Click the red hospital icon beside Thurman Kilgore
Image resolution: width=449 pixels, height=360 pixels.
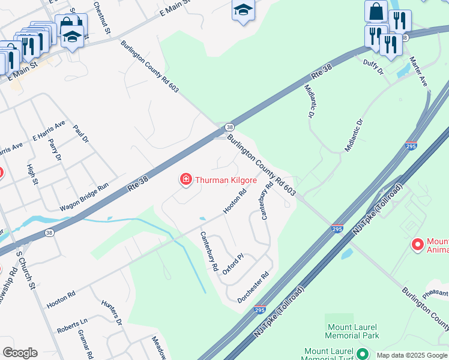pyautogui.click(x=186, y=179)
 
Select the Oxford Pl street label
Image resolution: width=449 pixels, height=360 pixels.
pyautogui.click(x=233, y=264)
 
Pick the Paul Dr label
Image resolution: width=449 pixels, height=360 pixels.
pyautogui.click(x=81, y=134)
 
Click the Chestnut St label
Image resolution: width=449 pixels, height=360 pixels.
pyautogui.click(x=103, y=17)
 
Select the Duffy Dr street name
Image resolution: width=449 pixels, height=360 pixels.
pyautogui.click(x=373, y=67)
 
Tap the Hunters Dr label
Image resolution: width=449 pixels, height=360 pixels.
pyautogui.click(x=112, y=313)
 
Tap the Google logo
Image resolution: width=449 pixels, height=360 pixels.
pyautogui.click(x=20, y=353)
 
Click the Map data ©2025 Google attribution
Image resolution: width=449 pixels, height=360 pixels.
pyautogui.click(x=411, y=355)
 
